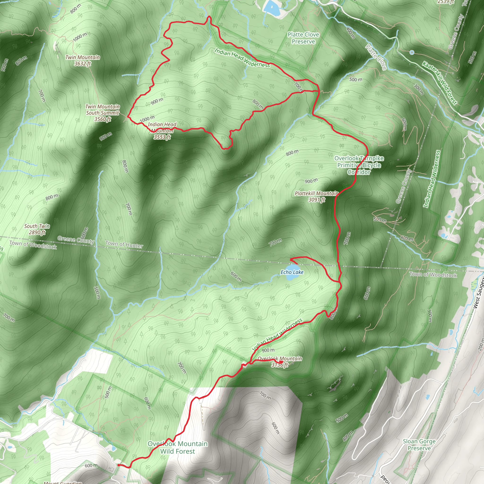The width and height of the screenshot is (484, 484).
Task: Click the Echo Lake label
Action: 292,272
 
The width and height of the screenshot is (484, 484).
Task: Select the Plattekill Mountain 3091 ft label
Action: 316,196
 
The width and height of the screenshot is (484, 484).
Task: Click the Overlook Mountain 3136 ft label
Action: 280,362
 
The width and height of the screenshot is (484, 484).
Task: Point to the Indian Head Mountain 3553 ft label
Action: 162,131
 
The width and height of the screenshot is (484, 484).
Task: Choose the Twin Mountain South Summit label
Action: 103,113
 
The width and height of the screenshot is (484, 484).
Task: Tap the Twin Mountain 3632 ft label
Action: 83,60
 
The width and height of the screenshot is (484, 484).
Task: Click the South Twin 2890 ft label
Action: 37,229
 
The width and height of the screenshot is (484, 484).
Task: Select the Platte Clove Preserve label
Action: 303,38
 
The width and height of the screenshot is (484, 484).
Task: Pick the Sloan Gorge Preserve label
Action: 419,445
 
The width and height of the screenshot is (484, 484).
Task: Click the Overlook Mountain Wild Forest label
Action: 178,447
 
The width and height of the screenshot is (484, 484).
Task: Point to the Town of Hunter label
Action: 124,244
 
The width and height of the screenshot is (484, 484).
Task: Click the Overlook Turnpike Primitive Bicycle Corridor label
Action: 359,165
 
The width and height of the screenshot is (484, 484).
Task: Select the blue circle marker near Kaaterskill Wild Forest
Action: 412,52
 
